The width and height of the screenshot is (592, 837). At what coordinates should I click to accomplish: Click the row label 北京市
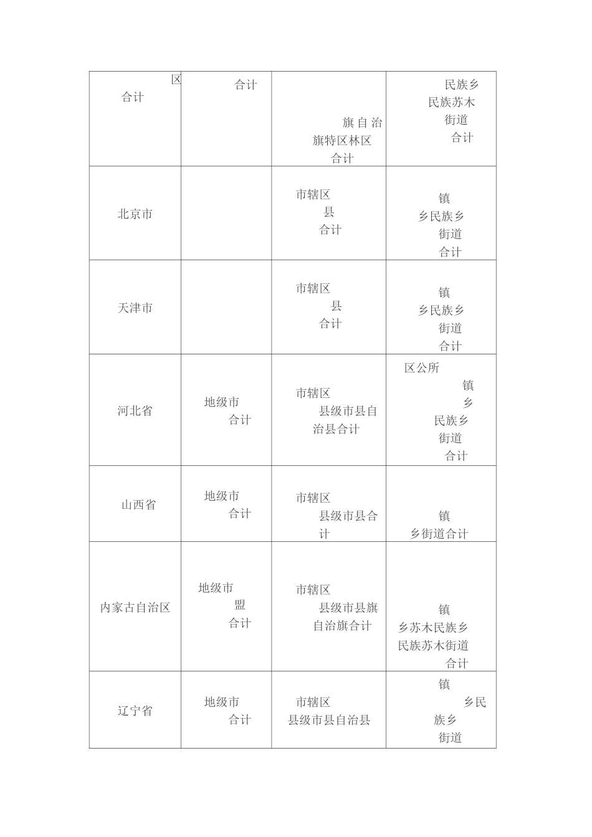(135, 214)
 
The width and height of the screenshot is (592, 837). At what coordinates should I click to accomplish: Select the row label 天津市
(135, 308)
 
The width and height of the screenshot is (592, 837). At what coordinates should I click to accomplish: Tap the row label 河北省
(135, 411)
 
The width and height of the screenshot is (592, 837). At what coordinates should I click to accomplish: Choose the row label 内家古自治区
(135, 608)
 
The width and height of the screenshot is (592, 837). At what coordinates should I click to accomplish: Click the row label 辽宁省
(135, 711)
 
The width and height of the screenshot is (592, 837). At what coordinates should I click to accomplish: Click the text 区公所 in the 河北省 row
(422, 368)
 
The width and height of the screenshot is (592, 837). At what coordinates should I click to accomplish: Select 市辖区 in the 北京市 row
(313, 195)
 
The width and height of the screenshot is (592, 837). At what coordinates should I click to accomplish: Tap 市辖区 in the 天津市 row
(313, 288)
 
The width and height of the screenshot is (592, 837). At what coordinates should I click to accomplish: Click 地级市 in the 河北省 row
(222, 402)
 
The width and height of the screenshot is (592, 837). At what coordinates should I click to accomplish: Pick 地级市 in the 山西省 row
(222, 496)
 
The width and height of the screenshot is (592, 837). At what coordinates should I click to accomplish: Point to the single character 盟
(240, 605)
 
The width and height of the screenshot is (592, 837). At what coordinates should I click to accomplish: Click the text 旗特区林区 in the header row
(342, 141)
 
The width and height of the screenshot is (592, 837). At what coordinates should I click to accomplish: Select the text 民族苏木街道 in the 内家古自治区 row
(433, 646)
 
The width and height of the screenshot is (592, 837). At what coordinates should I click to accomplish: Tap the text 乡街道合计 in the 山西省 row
(439, 534)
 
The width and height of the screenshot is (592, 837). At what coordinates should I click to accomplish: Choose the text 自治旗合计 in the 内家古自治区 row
(342, 626)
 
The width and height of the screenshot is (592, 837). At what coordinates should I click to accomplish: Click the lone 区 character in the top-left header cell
(176, 80)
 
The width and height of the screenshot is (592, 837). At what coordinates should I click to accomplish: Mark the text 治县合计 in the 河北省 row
(337, 429)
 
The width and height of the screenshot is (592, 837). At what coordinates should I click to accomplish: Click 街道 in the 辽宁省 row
(450, 738)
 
